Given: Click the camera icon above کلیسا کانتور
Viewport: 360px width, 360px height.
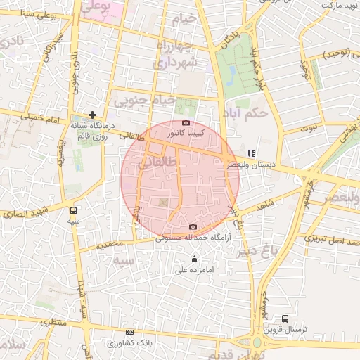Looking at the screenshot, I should (186, 123).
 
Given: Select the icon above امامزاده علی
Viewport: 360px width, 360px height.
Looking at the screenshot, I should (195, 259).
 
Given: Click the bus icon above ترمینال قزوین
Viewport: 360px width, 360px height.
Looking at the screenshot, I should (284, 319).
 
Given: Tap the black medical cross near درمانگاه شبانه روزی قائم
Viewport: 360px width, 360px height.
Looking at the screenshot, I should (92, 114).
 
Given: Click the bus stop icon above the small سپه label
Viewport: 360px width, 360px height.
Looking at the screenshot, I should (73, 210).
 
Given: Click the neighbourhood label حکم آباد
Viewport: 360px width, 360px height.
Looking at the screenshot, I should (250, 112).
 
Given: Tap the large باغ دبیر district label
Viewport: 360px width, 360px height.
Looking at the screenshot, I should (257, 251).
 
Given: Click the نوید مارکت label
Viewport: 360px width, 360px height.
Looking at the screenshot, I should (337, 5).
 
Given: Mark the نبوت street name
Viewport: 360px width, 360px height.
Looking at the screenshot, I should (309, 129).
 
